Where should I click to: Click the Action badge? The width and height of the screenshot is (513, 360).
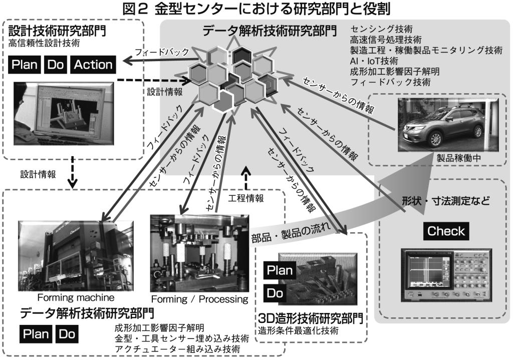pos(93,64)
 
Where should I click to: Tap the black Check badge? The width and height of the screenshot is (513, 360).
pos(446,231)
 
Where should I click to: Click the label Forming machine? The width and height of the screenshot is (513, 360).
pos(65,295)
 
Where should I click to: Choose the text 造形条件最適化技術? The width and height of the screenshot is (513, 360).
pos(293,330)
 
